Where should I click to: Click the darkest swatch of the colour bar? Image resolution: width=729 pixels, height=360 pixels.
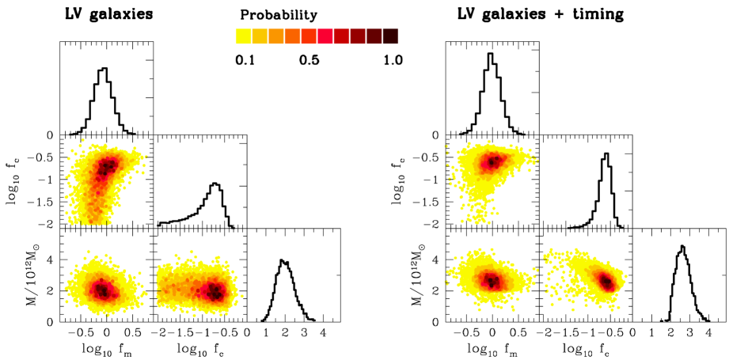click(x=390, y=36)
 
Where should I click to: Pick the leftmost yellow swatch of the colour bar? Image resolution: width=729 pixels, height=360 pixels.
click(x=244, y=36)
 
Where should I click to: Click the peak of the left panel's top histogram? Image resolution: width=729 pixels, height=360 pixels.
click(x=104, y=69)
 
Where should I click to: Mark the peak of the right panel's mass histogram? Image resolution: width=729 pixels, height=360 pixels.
click(x=682, y=246)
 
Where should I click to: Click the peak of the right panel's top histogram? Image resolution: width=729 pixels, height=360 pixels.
click(x=491, y=54)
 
